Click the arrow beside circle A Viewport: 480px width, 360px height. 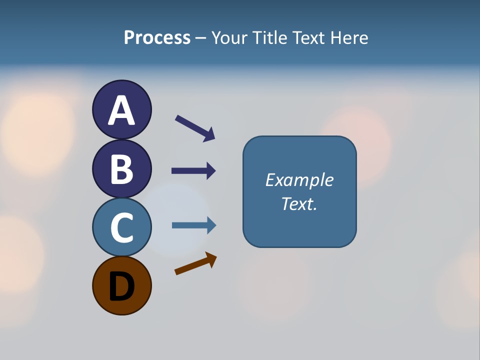[x=195, y=128]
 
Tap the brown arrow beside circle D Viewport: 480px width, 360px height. [x=195, y=263]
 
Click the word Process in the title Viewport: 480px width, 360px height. [x=157, y=38]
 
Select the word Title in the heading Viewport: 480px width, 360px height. [x=269, y=38]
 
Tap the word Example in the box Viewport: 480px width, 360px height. [x=299, y=180]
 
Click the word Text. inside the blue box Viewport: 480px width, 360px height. [x=299, y=203]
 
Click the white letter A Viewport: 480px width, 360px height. [x=121, y=110]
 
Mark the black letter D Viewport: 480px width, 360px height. [x=121, y=286]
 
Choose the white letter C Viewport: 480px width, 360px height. [x=121, y=227]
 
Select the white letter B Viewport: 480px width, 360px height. [x=121, y=169]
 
